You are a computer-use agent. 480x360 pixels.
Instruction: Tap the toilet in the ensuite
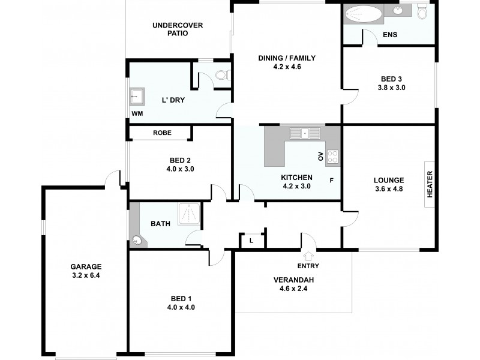click(x=422, y=12)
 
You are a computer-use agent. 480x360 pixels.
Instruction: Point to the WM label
click(x=137, y=113)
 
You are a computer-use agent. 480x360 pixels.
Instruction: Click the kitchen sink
click(x=305, y=133)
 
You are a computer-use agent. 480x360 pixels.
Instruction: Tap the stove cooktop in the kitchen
click(x=333, y=157)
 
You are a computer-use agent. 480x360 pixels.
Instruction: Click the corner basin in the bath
click(x=138, y=241)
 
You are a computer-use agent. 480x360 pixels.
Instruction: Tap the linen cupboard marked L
click(x=251, y=241)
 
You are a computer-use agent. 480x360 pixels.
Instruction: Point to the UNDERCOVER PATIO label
click(x=178, y=29)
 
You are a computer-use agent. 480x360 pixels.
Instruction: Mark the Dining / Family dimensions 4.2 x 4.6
click(x=286, y=67)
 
